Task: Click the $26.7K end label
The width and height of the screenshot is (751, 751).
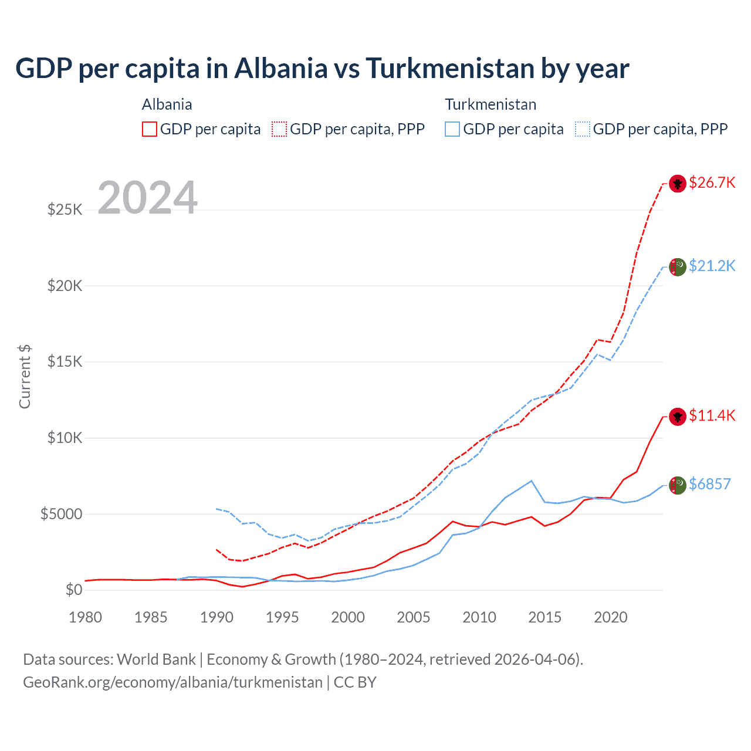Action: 712,183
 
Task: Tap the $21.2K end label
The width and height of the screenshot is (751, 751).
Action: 712,266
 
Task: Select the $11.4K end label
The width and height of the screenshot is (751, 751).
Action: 712,416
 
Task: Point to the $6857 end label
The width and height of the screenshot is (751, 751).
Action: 709,485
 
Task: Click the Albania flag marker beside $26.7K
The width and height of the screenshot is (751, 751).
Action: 678,184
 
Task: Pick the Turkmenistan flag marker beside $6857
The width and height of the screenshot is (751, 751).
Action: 678,485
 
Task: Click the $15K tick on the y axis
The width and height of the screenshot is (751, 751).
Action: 65,362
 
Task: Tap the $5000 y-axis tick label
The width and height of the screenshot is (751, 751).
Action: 61,515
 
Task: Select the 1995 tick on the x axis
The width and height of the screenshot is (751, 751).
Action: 282,618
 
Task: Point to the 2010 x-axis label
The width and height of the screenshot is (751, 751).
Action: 479,618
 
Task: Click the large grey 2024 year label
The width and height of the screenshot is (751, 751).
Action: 147,198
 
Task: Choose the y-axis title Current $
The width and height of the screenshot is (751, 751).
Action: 25,376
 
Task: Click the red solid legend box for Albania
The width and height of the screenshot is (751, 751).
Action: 150,129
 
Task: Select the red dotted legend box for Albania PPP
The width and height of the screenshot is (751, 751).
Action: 279,129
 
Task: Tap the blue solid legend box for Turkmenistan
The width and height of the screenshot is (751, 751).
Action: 452,129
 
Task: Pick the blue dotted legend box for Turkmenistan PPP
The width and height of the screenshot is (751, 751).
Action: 583,129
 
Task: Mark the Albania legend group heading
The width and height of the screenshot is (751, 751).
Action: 167,104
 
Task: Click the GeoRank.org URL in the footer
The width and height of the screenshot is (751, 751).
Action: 172,682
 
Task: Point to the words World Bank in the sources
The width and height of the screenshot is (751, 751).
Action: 156,659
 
